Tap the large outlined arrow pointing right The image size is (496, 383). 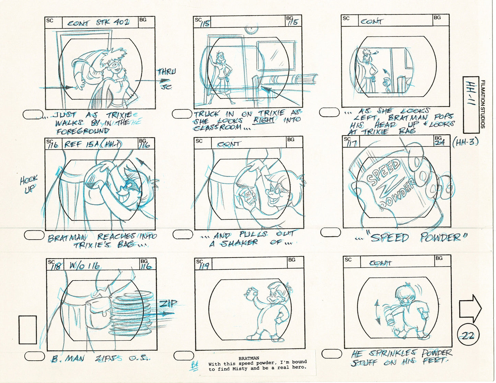(x=470, y=307)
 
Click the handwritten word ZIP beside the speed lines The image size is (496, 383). (x=168, y=304)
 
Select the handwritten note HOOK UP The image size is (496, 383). (x=29, y=184)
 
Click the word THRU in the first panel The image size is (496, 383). (x=166, y=72)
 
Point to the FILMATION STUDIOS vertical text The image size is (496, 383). (x=483, y=104)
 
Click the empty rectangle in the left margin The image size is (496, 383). (x=28, y=330)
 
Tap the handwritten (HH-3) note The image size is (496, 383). (x=466, y=142)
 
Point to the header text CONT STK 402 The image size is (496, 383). (x=99, y=23)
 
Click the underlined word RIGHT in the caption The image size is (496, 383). (x=264, y=120)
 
